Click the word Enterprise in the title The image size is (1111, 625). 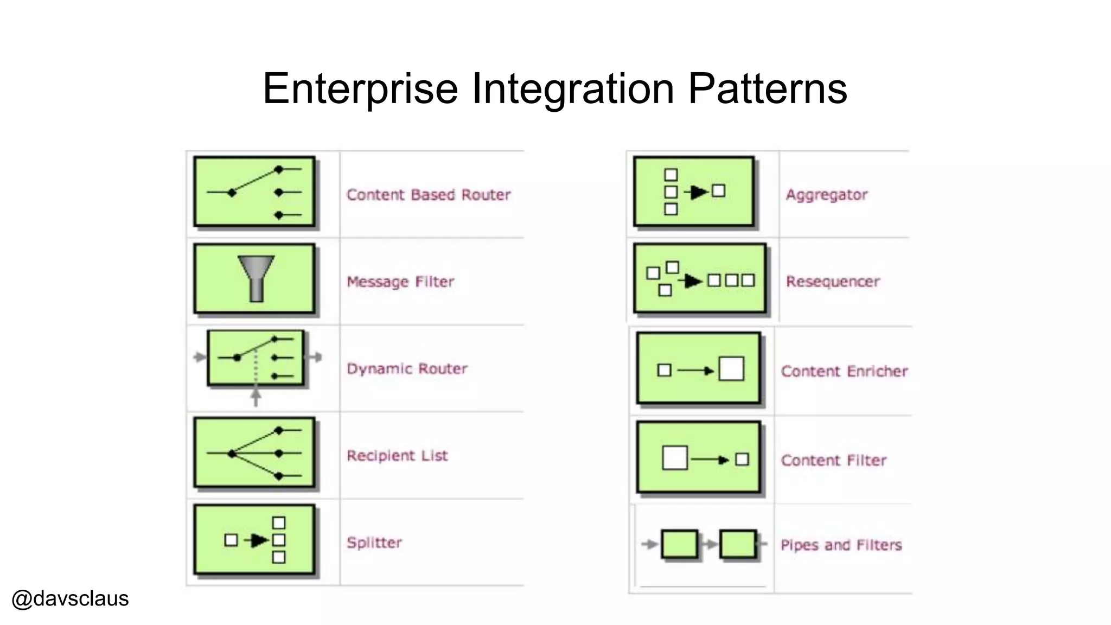[x=360, y=88]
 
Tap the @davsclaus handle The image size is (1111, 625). [x=70, y=598]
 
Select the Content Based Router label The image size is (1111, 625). [x=428, y=195]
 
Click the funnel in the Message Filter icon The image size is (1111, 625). [x=256, y=277]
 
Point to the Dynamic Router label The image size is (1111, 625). [x=407, y=369]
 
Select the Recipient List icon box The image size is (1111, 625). [x=254, y=453]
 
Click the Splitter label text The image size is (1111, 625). [x=374, y=543]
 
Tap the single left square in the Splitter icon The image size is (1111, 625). [x=231, y=540]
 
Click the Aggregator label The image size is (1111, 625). [x=826, y=195]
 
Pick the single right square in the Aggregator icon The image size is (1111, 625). [x=718, y=191]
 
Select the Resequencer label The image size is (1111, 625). [x=832, y=282]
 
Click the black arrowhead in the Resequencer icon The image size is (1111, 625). [x=693, y=281]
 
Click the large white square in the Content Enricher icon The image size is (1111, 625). [x=731, y=369]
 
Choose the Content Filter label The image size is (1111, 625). [x=833, y=461]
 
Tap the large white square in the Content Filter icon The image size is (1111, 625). [x=675, y=458]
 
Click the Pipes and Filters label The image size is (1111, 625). [x=841, y=545]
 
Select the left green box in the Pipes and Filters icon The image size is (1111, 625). [x=679, y=544]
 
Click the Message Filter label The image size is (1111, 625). [x=400, y=282]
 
